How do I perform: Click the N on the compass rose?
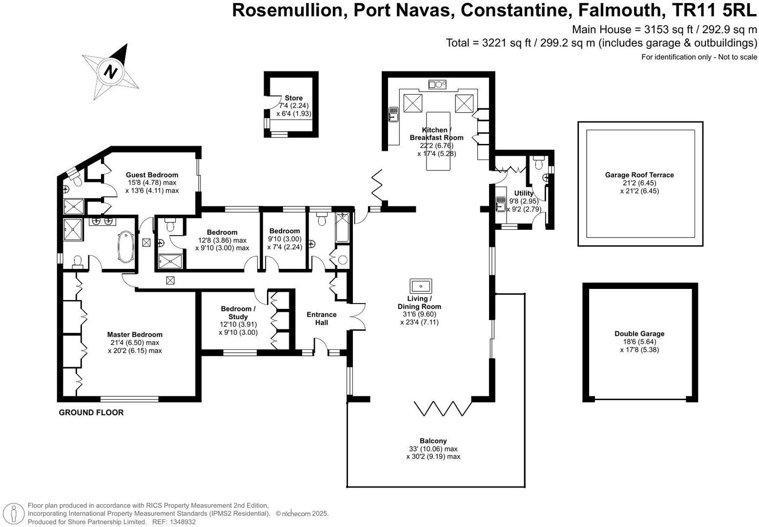[110, 72]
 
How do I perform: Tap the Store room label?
[293, 98]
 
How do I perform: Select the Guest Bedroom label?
[152, 175]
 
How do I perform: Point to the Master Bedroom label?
[135, 334]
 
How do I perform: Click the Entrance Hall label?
[322, 318]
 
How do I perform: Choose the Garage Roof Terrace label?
[639, 175]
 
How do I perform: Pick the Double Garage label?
[639, 334]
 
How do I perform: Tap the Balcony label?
[433, 441]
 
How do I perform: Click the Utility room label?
[524, 193]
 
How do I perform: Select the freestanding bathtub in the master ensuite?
[126, 246]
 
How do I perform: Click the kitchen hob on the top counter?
[437, 84]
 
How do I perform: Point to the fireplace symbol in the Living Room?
[421, 286]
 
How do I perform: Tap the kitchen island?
[438, 141]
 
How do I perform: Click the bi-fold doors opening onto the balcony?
[443, 408]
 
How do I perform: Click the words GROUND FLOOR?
[91, 412]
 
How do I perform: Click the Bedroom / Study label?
[238, 313]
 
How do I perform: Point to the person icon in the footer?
[14, 513]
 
